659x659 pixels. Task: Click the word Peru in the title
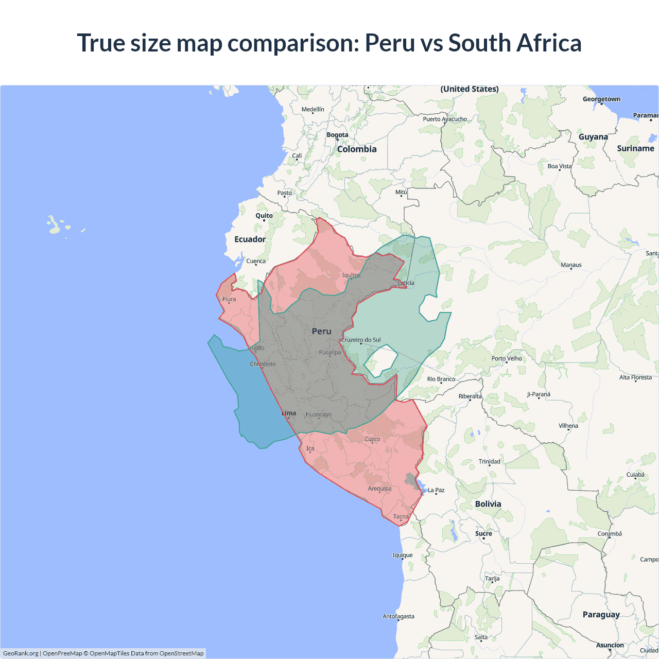tap(389, 43)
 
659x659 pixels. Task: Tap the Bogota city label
tap(337, 135)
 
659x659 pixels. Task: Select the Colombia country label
tap(357, 149)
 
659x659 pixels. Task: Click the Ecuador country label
tap(250, 239)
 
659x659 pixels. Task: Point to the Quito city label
tap(264, 216)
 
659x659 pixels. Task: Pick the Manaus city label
tap(571, 265)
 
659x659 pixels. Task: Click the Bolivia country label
tap(488, 504)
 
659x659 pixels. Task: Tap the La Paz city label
tap(436, 490)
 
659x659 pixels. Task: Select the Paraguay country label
tap(601, 614)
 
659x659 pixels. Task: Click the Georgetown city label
tap(601, 99)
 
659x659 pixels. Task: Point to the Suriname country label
tap(635, 148)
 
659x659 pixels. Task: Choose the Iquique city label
tap(402, 555)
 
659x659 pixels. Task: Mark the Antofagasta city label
tap(398, 616)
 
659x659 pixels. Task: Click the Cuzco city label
tap(372, 439)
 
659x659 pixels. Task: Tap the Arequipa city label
tap(379, 489)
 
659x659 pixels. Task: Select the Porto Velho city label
tap(506, 358)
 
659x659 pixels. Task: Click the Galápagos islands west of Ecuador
tap(57, 224)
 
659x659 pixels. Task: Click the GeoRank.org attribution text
tap(21, 653)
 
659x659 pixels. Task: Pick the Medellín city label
tap(313, 109)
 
